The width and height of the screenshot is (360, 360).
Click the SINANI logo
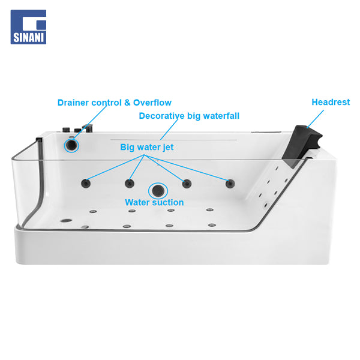point(28,27)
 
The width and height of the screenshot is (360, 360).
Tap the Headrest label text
point(331,102)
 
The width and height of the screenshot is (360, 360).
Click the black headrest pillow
point(301,145)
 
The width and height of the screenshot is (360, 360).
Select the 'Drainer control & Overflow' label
point(115,103)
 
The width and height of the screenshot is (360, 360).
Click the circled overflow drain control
point(71,145)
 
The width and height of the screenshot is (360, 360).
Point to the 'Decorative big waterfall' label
point(189,116)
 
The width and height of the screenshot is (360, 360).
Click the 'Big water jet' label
point(147,148)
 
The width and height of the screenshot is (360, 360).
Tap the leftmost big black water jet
point(86,183)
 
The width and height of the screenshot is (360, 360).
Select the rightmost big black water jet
point(230,184)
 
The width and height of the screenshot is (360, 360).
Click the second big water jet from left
point(130,184)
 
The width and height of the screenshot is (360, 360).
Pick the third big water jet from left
point(187,184)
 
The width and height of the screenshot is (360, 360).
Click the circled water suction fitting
point(158,191)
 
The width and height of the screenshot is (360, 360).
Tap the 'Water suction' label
point(154,203)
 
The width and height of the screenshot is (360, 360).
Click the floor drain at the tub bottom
point(66,221)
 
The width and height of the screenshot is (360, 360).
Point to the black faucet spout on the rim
point(88,128)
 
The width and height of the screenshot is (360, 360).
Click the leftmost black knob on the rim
point(66,129)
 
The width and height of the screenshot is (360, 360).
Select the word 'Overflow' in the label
point(152,103)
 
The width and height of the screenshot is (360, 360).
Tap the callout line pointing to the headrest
point(316,119)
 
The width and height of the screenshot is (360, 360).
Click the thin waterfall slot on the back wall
point(173,139)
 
